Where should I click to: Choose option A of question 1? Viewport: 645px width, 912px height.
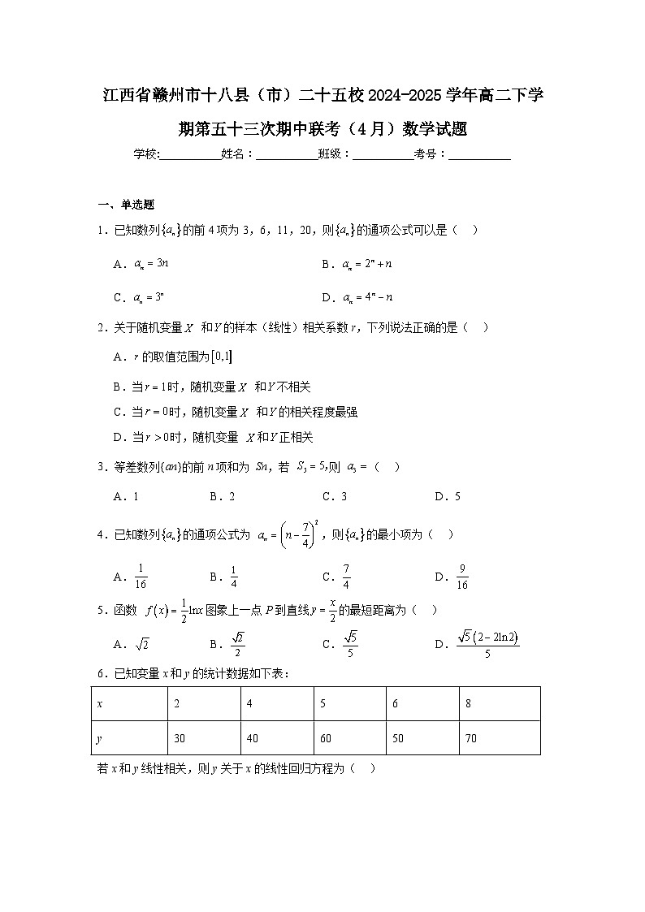pos(141,264)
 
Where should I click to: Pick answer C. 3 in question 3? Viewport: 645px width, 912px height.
pos(335,496)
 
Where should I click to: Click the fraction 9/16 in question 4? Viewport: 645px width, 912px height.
pos(462,577)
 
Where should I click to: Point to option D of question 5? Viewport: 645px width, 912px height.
pos(486,644)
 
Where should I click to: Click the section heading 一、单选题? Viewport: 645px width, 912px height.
pos(126,204)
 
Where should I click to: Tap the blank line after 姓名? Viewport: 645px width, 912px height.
pos(287,154)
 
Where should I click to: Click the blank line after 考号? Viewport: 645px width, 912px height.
pos(479,154)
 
